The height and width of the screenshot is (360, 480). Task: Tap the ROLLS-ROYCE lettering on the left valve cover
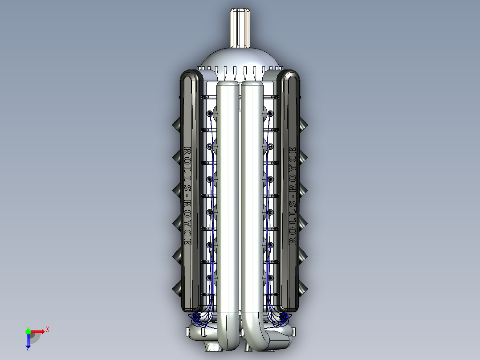(187, 196)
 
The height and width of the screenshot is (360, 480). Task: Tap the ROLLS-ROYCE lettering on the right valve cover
(293, 195)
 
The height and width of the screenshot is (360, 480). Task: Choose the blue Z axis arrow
(28, 341)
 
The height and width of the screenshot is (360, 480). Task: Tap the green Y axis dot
(28, 331)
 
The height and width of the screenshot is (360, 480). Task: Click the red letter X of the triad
(47, 329)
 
